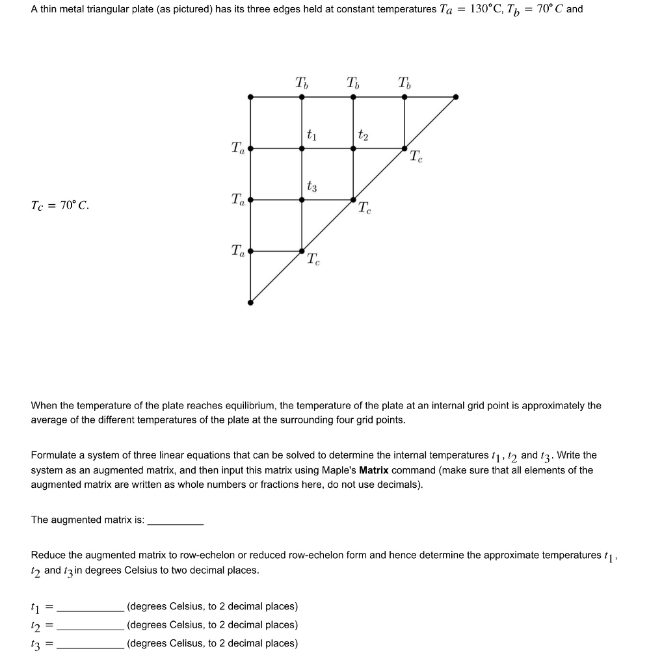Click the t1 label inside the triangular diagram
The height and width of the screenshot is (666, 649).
click(x=311, y=135)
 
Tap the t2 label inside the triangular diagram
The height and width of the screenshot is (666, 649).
click(x=363, y=135)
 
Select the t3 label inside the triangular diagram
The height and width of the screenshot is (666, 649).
click(x=311, y=187)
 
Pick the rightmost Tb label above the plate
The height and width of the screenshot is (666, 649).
click(x=405, y=83)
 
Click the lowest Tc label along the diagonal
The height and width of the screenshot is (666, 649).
click(x=313, y=260)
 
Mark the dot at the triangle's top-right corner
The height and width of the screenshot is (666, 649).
click(x=455, y=97)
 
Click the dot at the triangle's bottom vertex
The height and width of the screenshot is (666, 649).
click(x=251, y=302)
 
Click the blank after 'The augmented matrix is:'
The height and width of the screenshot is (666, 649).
click(x=176, y=520)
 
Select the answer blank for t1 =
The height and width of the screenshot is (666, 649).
click(x=90, y=607)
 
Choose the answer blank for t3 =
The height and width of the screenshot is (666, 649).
click(x=90, y=644)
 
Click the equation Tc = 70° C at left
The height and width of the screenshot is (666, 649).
click(x=60, y=206)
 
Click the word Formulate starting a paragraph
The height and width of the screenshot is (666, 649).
click(x=52, y=455)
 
